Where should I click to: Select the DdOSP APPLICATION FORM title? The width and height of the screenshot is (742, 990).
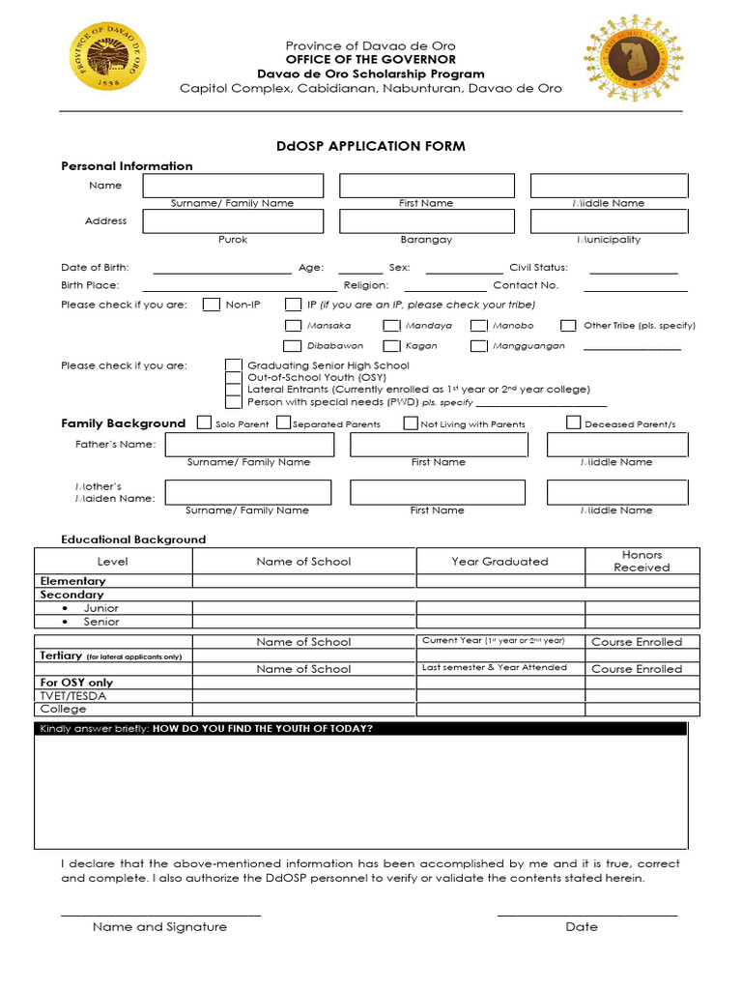(371, 146)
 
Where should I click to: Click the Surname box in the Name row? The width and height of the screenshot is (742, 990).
(233, 186)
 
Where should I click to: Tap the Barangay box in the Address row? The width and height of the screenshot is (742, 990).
(426, 221)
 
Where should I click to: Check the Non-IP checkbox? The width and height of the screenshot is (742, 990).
(212, 305)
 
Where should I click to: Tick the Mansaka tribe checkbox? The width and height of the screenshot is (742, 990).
(293, 326)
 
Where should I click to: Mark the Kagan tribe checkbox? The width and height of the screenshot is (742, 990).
(391, 346)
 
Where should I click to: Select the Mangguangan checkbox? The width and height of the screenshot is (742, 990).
(478, 346)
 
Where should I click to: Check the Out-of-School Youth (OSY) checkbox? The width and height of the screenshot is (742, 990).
(233, 378)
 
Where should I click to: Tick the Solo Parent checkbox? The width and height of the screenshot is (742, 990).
(204, 422)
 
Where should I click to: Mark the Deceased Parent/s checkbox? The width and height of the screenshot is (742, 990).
(573, 422)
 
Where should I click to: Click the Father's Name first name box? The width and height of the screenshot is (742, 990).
(439, 445)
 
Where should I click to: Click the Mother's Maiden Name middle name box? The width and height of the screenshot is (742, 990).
(617, 492)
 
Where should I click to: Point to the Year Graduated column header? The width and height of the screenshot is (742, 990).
(499, 561)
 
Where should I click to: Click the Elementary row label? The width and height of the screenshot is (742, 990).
(72, 581)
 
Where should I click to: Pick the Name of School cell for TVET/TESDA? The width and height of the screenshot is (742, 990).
(304, 696)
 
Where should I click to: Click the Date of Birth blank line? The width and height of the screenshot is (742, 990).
(221, 268)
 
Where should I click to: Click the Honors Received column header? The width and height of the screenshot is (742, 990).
(642, 561)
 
